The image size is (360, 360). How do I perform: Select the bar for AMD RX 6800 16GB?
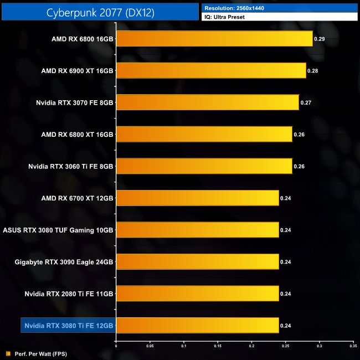coord(214,39)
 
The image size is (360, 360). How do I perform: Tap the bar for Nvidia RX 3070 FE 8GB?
coord(208,102)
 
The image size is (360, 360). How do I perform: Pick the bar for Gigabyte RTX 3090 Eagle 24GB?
coord(197,261)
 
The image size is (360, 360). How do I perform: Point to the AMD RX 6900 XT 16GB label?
coord(77,71)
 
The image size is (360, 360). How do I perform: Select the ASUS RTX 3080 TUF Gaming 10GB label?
coord(58,230)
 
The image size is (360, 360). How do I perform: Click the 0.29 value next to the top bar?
coord(320,39)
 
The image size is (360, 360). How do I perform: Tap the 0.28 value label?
coord(313,71)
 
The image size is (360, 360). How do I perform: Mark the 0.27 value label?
coord(306,103)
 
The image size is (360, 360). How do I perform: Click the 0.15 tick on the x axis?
coord(218,346)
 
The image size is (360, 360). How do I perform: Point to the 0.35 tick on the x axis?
coord(353,346)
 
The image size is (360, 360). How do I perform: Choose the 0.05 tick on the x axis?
coord(150,346)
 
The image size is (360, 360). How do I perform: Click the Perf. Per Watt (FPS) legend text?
coord(37,353)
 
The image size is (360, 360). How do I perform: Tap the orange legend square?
coord(8,353)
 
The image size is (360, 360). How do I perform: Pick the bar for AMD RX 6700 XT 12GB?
coord(197,198)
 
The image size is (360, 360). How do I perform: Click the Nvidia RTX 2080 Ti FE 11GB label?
coord(69,294)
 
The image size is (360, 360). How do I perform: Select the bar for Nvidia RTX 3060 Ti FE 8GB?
coord(204,166)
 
